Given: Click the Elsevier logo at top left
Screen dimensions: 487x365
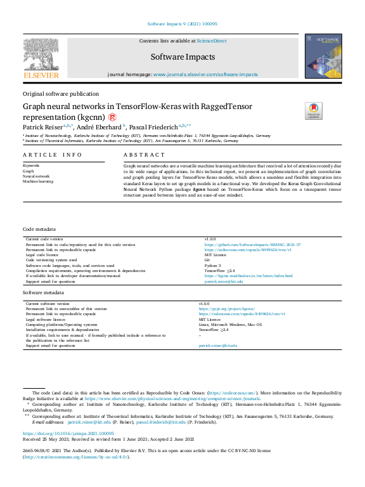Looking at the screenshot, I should click(x=41, y=58).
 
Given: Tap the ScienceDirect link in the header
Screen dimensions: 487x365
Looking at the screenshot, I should click(x=211, y=42).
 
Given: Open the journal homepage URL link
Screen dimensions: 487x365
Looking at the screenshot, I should click(x=205, y=75).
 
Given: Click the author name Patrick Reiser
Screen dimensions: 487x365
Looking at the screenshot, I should click(x=44, y=126).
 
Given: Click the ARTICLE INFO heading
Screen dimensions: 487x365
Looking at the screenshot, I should click(x=53, y=155).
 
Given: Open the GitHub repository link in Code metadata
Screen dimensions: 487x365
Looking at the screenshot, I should click(x=252, y=244).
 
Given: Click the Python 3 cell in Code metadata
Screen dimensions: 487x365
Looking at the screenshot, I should click(x=212, y=266).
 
